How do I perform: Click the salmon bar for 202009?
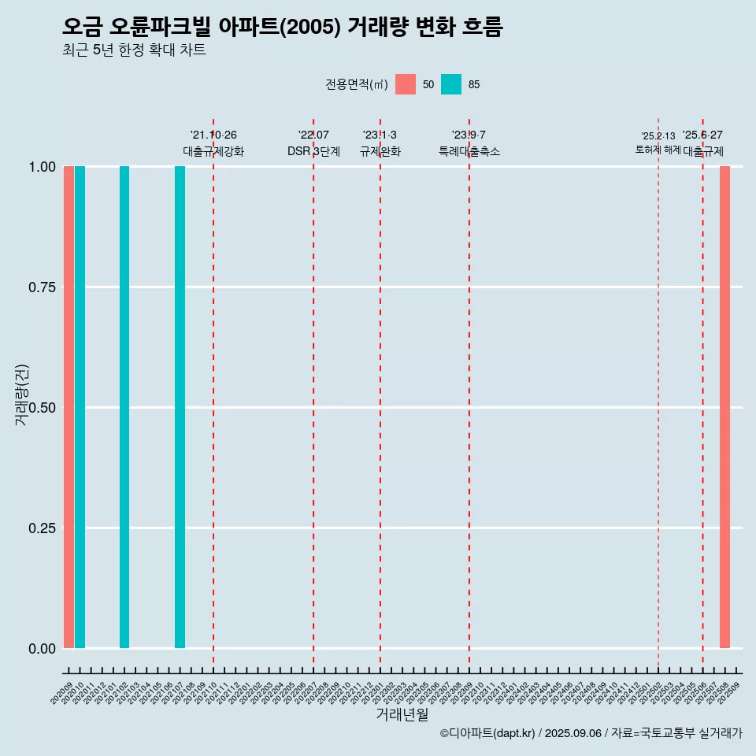coord(69,407)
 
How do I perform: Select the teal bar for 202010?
coord(80,407)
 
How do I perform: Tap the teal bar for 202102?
coord(124,407)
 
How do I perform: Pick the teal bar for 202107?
coord(180,407)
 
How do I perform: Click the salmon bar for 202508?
coord(724,407)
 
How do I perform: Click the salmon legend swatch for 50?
coord(406,84)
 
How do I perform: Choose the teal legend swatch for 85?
coord(451,84)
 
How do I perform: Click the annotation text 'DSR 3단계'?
coord(313,151)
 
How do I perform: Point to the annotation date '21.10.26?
coord(213,135)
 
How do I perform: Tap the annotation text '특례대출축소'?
coord(469,151)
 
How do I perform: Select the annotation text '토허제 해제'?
coord(658,150)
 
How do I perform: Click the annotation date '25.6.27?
coord(702,135)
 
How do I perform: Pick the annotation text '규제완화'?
coord(380,151)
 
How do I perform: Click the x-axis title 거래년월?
coord(402,714)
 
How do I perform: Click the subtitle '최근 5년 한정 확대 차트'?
coord(134,50)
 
